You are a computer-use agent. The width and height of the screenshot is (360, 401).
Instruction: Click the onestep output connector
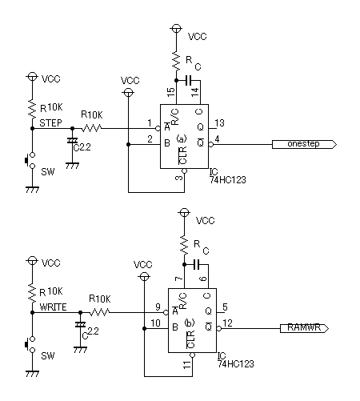304,144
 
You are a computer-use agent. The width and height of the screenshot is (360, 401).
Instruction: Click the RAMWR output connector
304,328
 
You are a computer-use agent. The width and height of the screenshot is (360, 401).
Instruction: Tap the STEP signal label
50,123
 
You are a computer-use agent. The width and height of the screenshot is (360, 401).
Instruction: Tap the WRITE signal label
53,307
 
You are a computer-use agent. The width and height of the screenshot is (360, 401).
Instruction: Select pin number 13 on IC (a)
219,123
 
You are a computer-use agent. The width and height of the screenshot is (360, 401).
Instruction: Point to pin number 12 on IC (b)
227,323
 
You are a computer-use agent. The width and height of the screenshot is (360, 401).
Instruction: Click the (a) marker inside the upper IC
182,138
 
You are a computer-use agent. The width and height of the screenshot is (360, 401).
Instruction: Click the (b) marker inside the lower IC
190,323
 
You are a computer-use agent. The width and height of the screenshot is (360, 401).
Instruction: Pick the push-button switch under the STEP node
30,160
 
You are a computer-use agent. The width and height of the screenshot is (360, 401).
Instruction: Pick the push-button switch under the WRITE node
30,344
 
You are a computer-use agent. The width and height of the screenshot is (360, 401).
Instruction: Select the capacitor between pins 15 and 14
189,80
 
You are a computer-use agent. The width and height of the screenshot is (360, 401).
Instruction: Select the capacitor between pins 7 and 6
197,264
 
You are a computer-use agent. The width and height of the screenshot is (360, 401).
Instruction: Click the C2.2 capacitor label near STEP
82,147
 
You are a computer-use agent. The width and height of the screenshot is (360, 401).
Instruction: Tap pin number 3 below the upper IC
179,177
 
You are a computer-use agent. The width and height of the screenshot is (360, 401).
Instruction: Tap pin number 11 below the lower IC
187,364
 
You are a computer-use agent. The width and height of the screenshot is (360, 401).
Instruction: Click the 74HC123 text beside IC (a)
228,180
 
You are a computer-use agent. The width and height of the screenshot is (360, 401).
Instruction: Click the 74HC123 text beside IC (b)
236,364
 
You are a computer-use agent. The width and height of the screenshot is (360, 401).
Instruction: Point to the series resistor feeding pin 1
91,128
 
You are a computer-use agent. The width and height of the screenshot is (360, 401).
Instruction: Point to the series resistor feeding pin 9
99,312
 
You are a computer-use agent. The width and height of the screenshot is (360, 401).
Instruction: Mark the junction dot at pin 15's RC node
176,80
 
